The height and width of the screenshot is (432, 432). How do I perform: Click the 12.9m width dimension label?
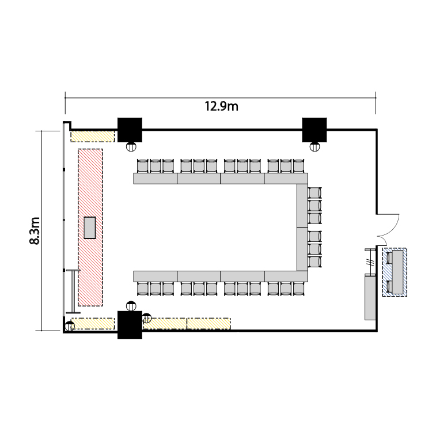(x=221, y=106)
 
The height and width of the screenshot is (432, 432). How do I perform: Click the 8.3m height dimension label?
(x=35, y=230)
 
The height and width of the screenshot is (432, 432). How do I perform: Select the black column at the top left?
(x=130, y=130)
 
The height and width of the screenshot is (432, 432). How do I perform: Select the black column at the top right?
(x=314, y=130)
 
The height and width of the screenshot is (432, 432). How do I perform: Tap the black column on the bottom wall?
(x=130, y=325)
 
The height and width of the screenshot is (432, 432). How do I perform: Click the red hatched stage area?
(x=90, y=228)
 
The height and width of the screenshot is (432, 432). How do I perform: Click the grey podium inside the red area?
(x=90, y=228)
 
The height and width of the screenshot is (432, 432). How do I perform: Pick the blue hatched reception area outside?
(x=395, y=272)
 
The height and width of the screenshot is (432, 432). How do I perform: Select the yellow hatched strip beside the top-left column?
(x=93, y=137)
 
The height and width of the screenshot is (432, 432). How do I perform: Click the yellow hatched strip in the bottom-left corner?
(x=93, y=324)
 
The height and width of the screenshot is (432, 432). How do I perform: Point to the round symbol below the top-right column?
(x=314, y=146)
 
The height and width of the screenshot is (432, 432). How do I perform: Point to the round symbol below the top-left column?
(x=131, y=146)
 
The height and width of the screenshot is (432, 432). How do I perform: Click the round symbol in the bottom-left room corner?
(x=70, y=327)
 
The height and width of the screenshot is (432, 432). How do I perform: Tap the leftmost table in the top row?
(x=156, y=179)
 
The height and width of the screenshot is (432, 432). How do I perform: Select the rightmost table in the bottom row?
(x=286, y=276)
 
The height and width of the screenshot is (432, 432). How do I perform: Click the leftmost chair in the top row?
(x=143, y=166)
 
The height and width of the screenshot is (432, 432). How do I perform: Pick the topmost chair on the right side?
(x=314, y=192)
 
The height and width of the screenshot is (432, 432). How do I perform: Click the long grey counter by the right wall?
(x=370, y=297)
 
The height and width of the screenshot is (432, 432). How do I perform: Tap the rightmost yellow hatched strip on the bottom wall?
(x=209, y=324)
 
